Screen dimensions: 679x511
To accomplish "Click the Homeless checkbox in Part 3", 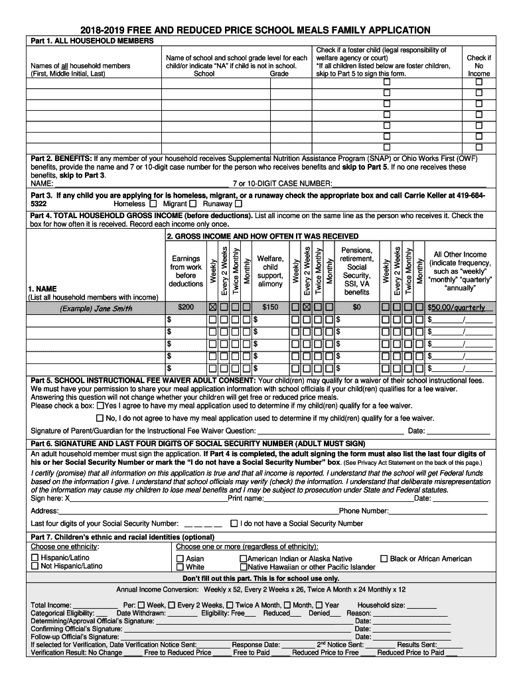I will pyautogui.click(x=153, y=204).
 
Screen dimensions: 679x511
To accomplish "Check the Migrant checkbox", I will pyautogui.click(x=194, y=204).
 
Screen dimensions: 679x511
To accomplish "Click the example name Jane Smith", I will pyautogui.click(x=96, y=308).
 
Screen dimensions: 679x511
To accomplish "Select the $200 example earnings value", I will pyautogui.click(x=186, y=308).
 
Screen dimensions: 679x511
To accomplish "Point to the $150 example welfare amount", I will pyautogui.click(x=270, y=308).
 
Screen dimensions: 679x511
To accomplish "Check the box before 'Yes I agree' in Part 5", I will pyautogui.click(x=100, y=405).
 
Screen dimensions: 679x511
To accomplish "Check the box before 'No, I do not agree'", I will pyautogui.click(x=100, y=418).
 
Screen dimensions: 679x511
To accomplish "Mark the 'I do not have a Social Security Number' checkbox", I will pyautogui.click(x=234, y=523).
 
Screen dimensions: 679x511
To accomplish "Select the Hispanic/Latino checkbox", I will pyautogui.click(x=35, y=558).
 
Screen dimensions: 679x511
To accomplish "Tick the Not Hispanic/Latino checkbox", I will pyautogui.click(x=35, y=566).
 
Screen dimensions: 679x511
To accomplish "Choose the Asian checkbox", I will pyautogui.click(x=181, y=559).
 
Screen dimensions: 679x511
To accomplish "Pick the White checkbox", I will pyautogui.click(x=181, y=568).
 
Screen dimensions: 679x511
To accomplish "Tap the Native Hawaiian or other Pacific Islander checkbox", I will pyautogui.click(x=244, y=568).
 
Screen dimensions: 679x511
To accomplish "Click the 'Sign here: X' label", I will pyautogui.click(x=50, y=498).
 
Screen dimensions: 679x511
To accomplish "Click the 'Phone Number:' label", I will pyautogui.click(x=364, y=511).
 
